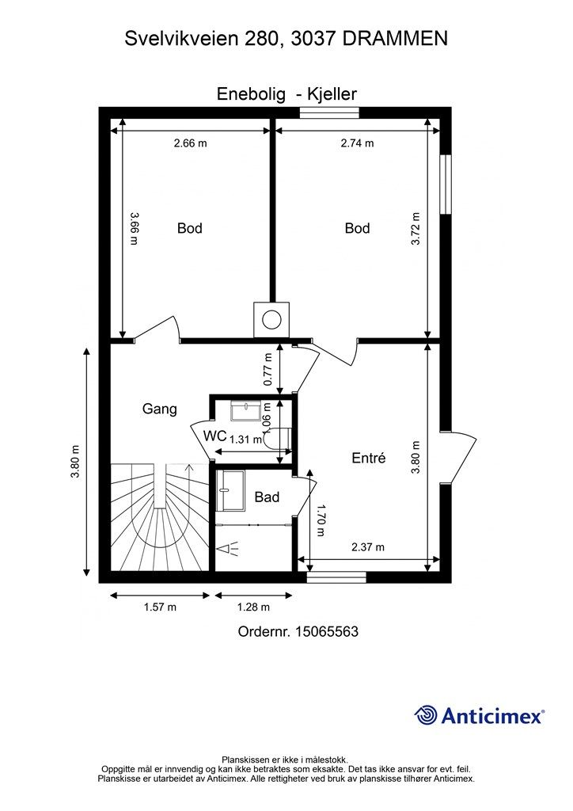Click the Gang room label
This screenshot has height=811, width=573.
point(160,409)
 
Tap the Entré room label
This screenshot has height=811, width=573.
point(368,458)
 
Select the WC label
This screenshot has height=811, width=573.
point(215,436)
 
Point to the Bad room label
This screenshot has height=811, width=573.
point(268,497)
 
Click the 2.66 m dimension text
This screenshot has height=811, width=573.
point(190,143)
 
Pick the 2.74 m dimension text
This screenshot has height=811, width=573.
point(357,143)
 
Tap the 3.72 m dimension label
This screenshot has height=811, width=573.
point(415,229)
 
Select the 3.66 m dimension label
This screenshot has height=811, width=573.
point(134,229)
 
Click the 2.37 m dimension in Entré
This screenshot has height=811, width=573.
point(368,546)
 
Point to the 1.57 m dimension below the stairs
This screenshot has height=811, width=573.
point(160,607)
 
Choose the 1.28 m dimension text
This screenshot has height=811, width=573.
point(254,607)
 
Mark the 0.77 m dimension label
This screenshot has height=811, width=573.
point(268,369)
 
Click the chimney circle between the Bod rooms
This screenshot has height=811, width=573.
point(271,319)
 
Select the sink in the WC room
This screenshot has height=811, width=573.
point(246,411)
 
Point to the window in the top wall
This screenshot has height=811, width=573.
point(330,112)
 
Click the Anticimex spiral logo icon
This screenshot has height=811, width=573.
point(426,715)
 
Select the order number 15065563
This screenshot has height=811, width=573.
point(327,631)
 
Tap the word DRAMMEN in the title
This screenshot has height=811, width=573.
point(395,39)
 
